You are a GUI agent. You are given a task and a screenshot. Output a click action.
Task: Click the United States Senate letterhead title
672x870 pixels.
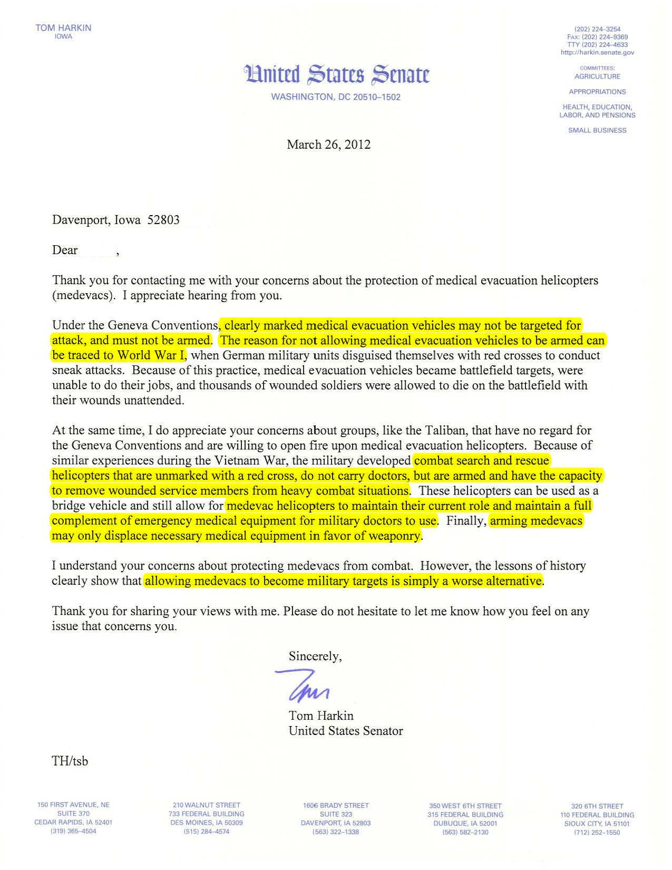tap(336, 74)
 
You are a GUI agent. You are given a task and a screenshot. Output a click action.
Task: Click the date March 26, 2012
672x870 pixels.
tap(328, 144)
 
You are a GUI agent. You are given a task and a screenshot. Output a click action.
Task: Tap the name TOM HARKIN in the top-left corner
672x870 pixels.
tap(63, 27)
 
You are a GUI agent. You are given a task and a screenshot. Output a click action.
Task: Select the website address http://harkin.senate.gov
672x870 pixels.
tap(597, 52)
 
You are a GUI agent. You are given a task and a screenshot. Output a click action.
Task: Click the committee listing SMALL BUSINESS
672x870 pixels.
tap(597, 130)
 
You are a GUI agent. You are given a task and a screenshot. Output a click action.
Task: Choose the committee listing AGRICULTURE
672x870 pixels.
tap(597, 76)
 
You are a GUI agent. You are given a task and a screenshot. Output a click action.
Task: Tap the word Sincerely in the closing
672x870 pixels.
tap(315, 656)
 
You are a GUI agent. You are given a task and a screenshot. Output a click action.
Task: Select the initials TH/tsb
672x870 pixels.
tap(70, 761)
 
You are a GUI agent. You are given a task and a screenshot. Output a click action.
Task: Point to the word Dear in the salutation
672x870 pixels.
tap(65, 250)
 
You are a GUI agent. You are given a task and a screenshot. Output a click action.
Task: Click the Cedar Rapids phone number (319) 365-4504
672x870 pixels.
tap(73, 832)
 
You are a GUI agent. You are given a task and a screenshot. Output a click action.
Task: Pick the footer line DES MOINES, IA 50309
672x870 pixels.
tap(206, 823)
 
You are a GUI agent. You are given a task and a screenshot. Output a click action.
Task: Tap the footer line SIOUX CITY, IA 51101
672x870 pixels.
tap(597, 823)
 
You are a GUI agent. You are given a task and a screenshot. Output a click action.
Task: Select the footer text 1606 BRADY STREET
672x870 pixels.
tap(336, 805)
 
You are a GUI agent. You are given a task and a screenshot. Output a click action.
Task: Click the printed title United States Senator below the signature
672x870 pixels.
tap(346, 731)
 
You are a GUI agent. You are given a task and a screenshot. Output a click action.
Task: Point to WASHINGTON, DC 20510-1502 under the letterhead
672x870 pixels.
tap(336, 98)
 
